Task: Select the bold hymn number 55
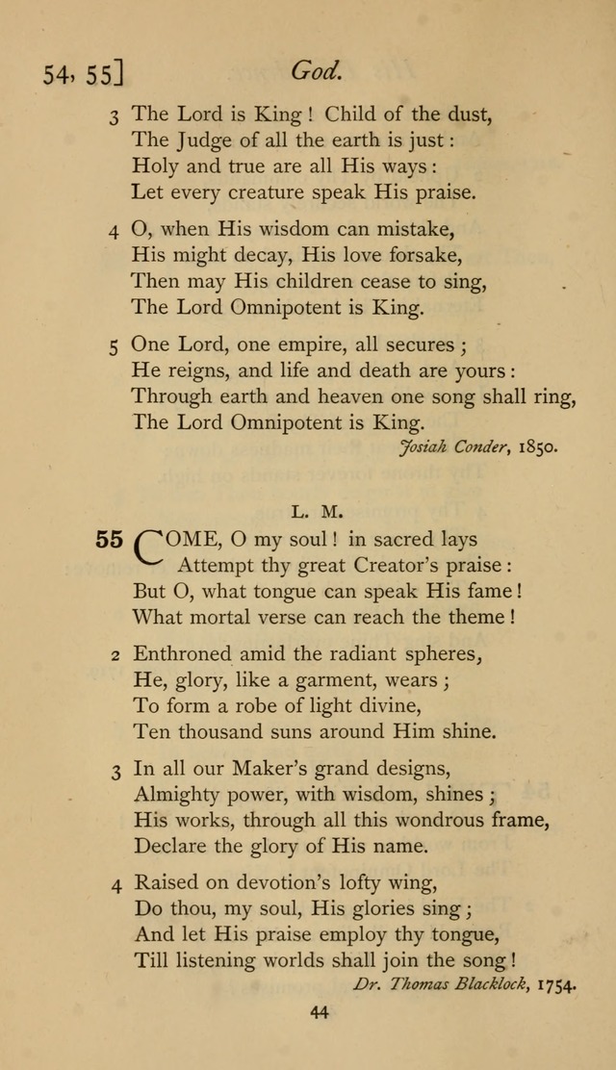click(x=109, y=539)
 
